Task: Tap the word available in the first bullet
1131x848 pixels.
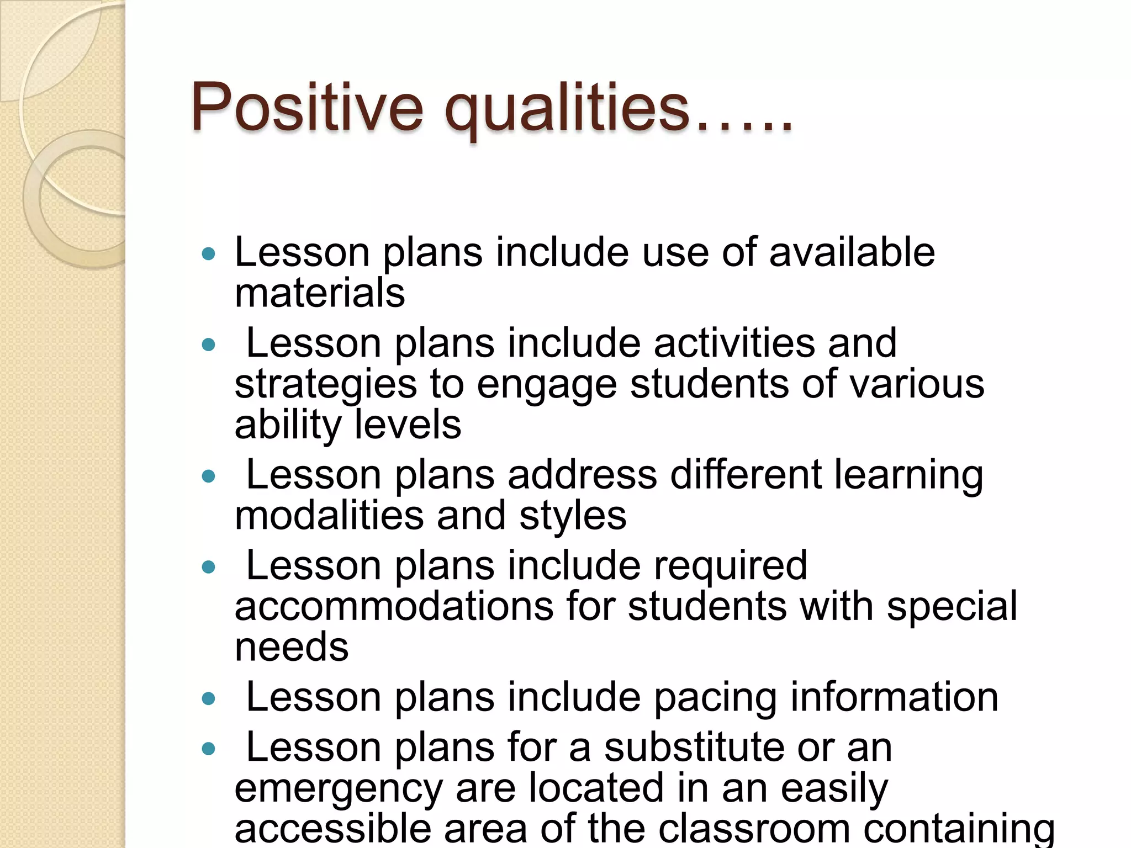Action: (852, 252)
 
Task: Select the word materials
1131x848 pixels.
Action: (320, 293)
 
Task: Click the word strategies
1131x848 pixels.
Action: (326, 385)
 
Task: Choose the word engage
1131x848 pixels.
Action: (546, 385)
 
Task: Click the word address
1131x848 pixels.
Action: (582, 475)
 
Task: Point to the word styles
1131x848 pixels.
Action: (573, 516)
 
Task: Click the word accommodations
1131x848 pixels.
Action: (393, 606)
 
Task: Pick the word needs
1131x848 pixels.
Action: (292, 647)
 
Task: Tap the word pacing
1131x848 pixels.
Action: (716, 698)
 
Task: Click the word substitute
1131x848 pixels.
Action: (694, 748)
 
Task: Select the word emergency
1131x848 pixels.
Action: (339, 789)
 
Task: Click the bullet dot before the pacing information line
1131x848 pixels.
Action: (208, 699)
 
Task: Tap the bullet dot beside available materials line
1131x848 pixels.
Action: (208, 254)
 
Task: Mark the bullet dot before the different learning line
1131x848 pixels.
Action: (208, 476)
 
